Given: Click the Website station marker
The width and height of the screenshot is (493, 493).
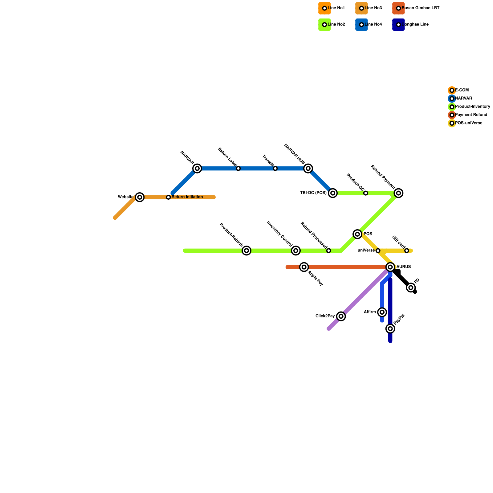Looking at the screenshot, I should pyautogui.click(x=140, y=197).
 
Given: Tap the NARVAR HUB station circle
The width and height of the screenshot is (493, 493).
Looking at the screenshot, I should pyautogui.click(x=308, y=169).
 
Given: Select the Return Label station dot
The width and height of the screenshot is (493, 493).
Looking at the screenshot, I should pyautogui.click(x=238, y=169).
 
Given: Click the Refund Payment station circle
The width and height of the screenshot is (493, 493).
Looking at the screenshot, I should pyautogui.click(x=399, y=193).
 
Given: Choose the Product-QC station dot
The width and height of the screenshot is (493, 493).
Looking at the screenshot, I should pyautogui.click(x=365, y=193).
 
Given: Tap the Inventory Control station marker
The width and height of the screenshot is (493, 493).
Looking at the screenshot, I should pyautogui.click(x=296, y=251).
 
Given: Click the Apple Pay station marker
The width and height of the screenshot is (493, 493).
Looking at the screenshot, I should pyautogui.click(x=304, y=267).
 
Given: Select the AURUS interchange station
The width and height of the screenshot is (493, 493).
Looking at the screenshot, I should pyautogui.click(x=390, y=267).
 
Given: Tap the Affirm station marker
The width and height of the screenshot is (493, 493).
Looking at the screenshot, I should pyautogui.click(x=382, y=312).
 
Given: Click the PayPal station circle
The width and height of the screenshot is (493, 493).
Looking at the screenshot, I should pyautogui.click(x=390, y=329).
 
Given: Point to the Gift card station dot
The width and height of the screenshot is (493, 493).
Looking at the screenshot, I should pyautogui.click(x=407, y=251).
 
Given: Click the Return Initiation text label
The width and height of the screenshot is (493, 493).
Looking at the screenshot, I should pyautogui.click(x=187, y=197).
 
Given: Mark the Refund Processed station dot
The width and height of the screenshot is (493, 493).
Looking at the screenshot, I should pyautogui.click(x=329, y=251).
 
